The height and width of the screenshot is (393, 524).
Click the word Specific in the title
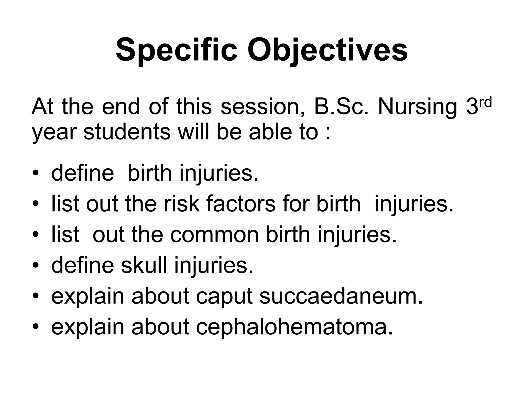point(177,50)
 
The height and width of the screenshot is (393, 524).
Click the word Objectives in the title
point(327,50)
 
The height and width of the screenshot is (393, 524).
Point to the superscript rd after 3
point(485,103)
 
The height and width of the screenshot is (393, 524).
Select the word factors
point(241,204)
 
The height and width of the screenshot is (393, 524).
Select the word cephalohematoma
point(294,327)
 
